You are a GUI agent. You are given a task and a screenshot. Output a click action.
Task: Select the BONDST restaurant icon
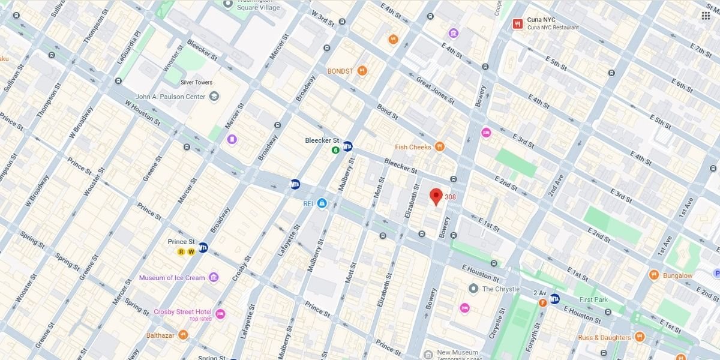pos(362,71)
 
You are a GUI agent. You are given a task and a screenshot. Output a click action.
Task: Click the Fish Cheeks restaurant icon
pos(440,147)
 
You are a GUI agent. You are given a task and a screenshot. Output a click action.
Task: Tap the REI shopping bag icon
pos(322,204)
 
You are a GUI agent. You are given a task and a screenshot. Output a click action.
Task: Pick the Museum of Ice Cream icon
pos(214,278)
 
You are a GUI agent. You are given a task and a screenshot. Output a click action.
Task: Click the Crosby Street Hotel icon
pos(220,314)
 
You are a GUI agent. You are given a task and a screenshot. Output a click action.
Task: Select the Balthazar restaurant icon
pos(183,335)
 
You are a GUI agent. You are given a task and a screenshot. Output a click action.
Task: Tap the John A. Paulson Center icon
pos(214,97)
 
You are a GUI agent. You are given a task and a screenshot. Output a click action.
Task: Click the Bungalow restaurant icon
pos(654,275)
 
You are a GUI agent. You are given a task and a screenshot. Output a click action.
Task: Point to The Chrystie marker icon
pos(473,289)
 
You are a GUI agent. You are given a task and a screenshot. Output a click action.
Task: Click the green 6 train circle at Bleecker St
pos(335,149)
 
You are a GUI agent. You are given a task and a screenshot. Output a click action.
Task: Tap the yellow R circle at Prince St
pos(181,252)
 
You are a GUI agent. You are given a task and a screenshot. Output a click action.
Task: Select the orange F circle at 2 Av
pos(542,302)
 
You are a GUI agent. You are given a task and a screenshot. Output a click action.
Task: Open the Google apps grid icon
pos(706,16)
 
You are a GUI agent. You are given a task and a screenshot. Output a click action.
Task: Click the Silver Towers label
pos(197,83)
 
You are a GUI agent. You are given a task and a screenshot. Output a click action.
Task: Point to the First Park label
pos(593,299)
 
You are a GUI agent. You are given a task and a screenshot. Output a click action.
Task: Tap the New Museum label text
pos(457,352)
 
